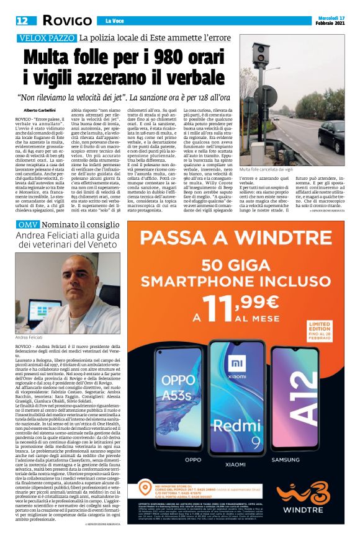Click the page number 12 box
(x=22, y=20)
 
